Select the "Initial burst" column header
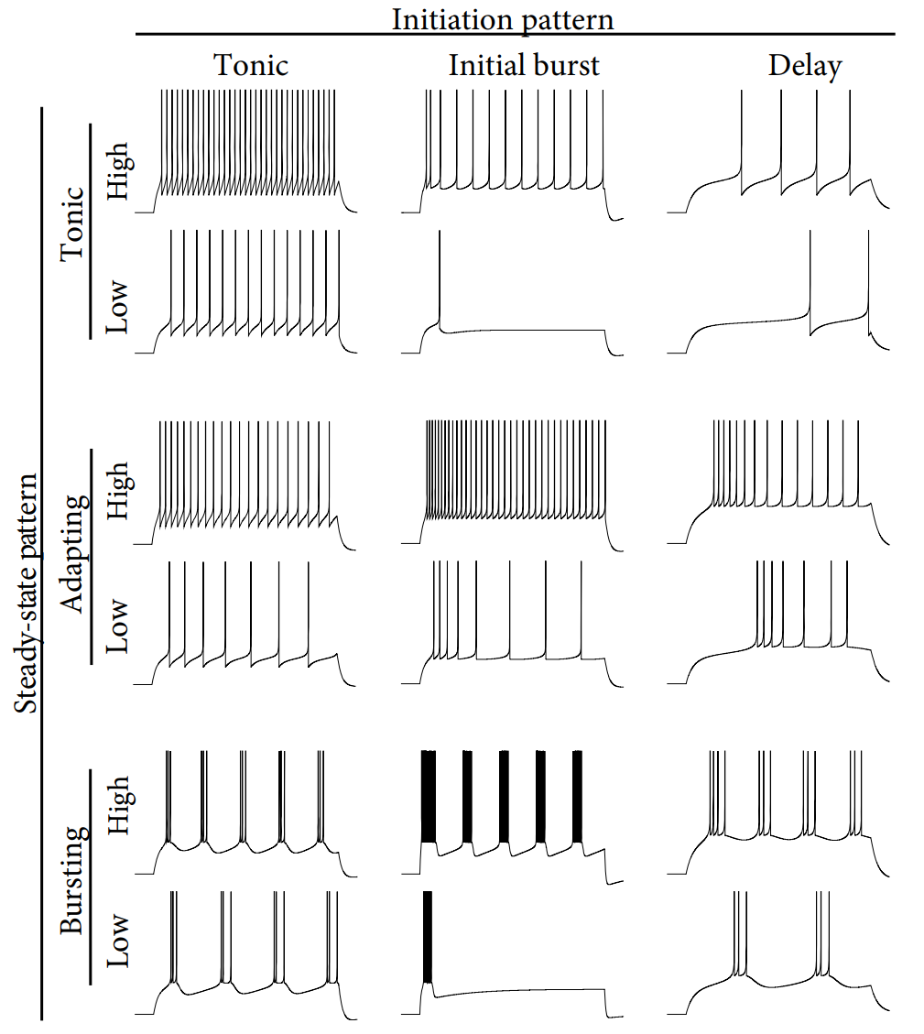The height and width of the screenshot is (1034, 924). [x=524, y=65]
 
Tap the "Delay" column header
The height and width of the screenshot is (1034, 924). [x=805, y=66]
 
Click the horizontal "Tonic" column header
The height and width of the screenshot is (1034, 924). [x=251, y=65]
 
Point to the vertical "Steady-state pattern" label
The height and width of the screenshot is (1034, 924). [x=26, y=593]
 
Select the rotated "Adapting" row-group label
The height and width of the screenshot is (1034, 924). [x=73, y=554]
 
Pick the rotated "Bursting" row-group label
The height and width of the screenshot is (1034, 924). [x=73, y=880]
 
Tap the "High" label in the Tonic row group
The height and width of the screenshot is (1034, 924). [x=119, y=170]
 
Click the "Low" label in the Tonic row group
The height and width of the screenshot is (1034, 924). [x=116, y=307]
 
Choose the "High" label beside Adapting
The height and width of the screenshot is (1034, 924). [x=119, y=490]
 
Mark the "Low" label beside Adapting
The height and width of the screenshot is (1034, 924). [x=116, y=626]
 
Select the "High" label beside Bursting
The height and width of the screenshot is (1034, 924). [x=119, y=805]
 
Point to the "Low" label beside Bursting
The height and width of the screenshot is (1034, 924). [x=116, y=941]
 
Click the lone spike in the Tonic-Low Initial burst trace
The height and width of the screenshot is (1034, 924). [x=440, y=277]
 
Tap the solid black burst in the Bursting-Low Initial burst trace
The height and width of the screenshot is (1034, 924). [x=428, y=936]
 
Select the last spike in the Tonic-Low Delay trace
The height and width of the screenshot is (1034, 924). [x=869, y=277]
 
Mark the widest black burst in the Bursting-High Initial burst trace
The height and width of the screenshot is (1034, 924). [x=429, y=797]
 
